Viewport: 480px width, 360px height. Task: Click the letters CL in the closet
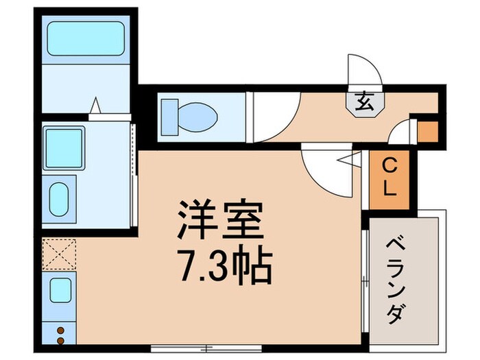(389, 178)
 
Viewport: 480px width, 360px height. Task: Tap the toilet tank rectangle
(169, 113)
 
